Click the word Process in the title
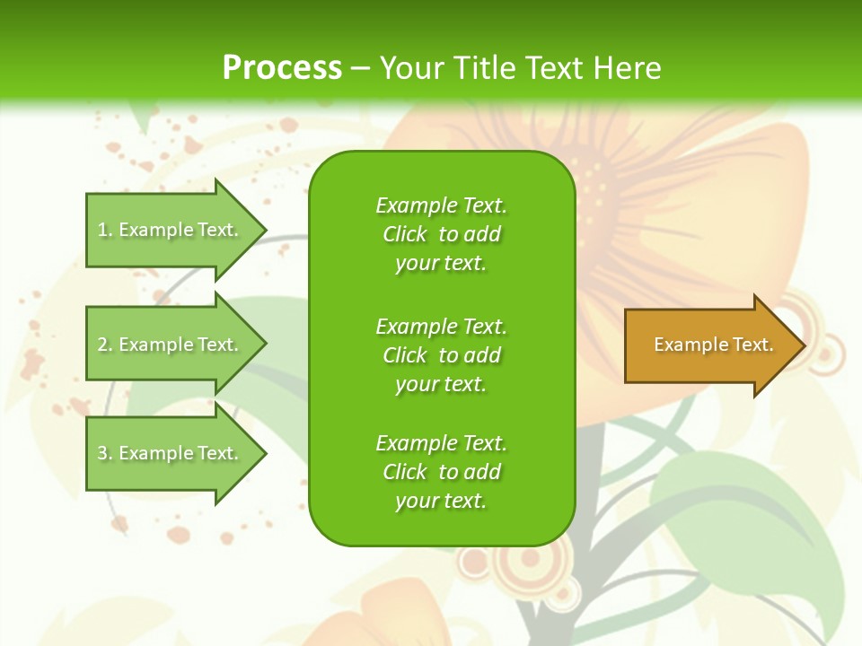[282, 68]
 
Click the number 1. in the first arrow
[104, 230]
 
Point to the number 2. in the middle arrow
[104, 345]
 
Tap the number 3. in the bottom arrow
[104, 453]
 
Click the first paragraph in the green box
[441, 234]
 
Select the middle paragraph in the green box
[441, 355]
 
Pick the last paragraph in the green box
[441, 472]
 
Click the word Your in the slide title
[412, 68]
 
